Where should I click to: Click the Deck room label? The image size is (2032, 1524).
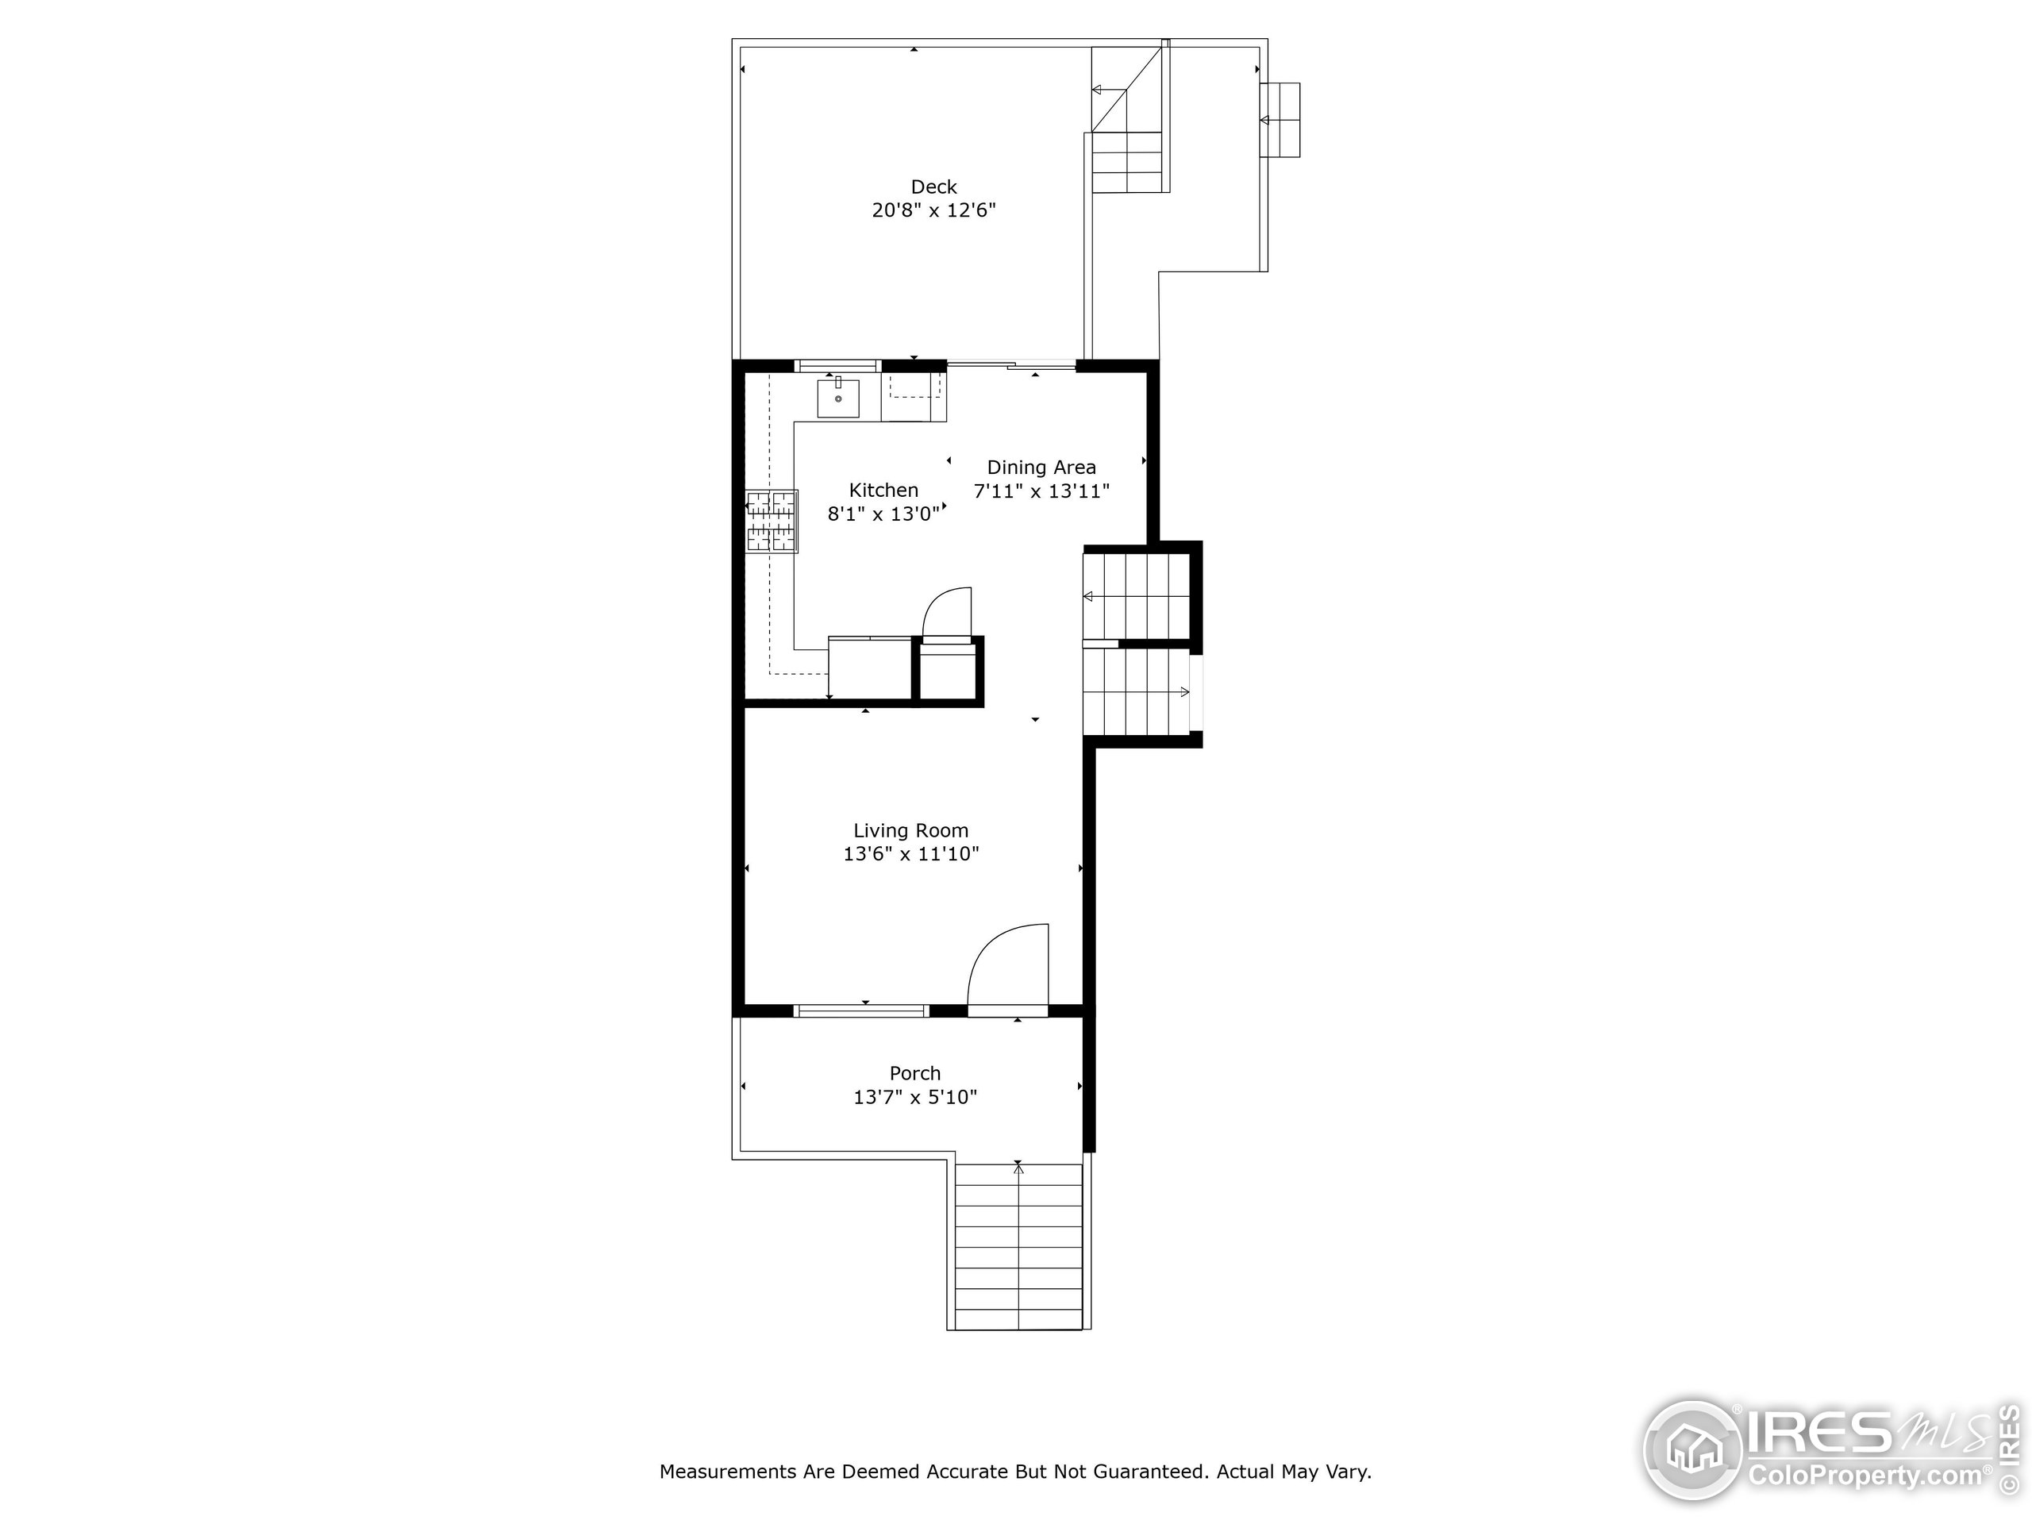pos(933,187)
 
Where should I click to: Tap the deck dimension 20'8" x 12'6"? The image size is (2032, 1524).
pos(933,210)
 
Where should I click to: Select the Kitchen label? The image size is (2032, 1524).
pos(883,491)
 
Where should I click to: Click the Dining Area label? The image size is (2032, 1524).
pos(1041,468)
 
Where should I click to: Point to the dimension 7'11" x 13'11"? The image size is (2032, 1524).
pos(1041,491)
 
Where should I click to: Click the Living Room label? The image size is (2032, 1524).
pos(910,830)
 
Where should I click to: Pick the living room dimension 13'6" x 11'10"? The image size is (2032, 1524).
pos(910,854)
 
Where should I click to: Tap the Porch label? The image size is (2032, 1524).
pos(915,1073)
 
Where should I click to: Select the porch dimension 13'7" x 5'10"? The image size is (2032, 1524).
pos(915,1097)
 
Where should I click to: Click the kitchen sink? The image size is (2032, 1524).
pos(837,398)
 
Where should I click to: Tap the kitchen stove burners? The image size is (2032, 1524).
pos(771,521)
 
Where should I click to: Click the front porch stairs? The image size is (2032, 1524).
pos(1018,1245)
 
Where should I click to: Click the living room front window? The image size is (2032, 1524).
pos(860,1010)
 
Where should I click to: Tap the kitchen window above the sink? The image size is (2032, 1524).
pos(837,366)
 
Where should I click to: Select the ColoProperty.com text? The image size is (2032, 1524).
pos(1865,1476)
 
